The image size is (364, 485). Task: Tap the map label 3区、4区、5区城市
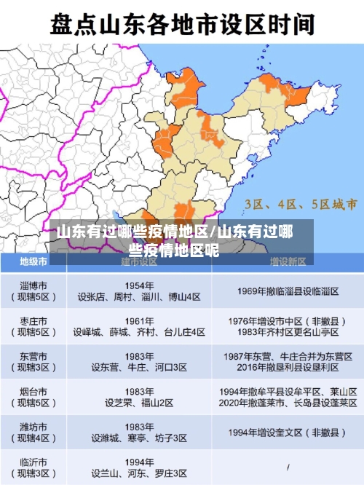pos(300,203)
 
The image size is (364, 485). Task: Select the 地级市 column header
pos(34,261)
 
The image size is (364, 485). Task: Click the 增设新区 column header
pos(288,261)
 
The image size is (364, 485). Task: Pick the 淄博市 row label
pos(34,291)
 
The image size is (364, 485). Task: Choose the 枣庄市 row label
pos(34,326)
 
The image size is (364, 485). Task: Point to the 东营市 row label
pos(34,362)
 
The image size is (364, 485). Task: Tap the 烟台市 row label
pos(34,397)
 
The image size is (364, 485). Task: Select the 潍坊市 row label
pos(34,432)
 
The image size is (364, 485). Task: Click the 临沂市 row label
pos(34,467)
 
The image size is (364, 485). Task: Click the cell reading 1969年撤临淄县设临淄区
pos(288,291)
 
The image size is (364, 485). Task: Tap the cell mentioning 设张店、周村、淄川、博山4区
pos(139,297)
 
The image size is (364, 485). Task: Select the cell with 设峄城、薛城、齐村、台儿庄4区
pos(139,332)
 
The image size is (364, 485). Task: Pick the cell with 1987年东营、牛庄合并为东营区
pos(288,356)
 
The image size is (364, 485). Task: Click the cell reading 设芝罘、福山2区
pos(139,403)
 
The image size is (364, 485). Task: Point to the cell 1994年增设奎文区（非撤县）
pos(288,432)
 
